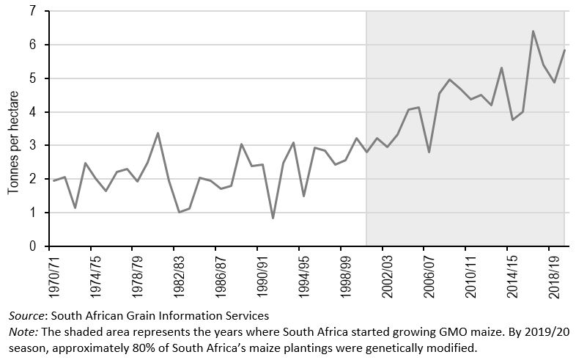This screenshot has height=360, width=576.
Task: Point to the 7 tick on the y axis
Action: pos(32,12)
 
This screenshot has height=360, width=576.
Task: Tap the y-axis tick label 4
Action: pos(32,112)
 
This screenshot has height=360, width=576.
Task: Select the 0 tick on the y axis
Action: pos(32,247)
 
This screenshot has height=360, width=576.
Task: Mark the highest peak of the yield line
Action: pos(533,32)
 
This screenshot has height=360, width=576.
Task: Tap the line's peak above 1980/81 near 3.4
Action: pos(158,133)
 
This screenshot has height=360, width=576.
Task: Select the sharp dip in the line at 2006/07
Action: pos(429,152)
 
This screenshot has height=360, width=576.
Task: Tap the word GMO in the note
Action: pos(440,331)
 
